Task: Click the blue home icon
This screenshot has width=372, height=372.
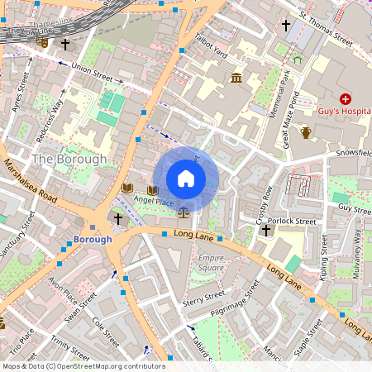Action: [186, 179]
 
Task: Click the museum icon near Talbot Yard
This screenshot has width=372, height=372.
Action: [236, 79]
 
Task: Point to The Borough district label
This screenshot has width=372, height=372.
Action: [69, 158]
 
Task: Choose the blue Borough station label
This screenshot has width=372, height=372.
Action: [92, 240]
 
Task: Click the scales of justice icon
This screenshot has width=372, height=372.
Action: [183, 212]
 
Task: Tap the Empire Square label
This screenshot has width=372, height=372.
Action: [211, 263]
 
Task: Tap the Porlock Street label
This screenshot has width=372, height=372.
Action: [298, 222]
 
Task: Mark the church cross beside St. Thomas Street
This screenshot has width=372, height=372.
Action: [286, 26]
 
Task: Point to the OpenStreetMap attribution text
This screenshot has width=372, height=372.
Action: [83, 366]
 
